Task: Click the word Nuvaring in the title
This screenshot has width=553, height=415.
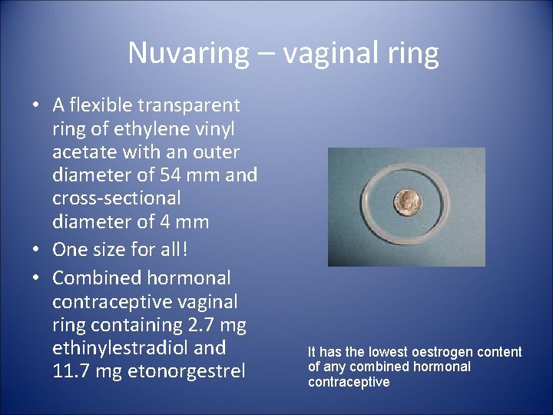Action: tap(188, 53)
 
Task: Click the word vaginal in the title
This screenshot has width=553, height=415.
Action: tap(331, 53)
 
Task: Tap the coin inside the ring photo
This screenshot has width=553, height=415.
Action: tap(406, 201)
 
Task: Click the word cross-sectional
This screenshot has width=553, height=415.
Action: tap(117, 198)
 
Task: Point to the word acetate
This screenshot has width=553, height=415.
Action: tap(87, 152)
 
